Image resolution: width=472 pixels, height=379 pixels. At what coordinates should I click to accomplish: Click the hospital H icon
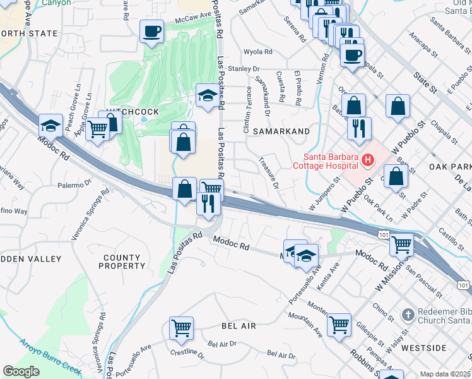pyautogui.click(x=367, y=162)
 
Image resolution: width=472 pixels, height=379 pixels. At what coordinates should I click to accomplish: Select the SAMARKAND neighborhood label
pyautogui.click(x=281, y=131)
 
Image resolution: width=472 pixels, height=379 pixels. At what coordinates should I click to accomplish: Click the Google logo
pyautogui.click(x=21, y=371)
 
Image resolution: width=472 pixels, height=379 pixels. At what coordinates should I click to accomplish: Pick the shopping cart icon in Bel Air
pyautogui.click(x=181, y=328)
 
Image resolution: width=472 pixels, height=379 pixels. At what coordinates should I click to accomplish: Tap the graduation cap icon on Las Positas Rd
pyautogui.click(x=207, y=96)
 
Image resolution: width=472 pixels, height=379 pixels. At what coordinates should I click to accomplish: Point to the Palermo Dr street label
pyautogui.click(x=75, y=185)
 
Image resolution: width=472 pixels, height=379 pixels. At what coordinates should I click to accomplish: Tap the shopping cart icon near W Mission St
pyautogui.click(x=401, y=243)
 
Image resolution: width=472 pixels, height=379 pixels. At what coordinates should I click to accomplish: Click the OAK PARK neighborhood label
pyautogui.click(x=451, y=167)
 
